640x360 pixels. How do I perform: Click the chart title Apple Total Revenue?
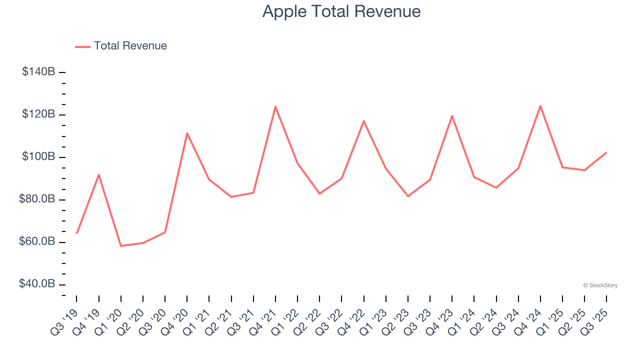click(x=341, y=11)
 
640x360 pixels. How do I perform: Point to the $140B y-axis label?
click(x=38, y=72)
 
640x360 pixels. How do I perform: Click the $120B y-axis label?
click(x=38, y=114)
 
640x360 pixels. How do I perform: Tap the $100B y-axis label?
click(x=38, y=157)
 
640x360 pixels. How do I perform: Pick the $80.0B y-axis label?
click(x=37, y=199)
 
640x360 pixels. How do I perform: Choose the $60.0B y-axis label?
click(x=37, y=242)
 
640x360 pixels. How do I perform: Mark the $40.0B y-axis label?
click(x=37, y=284)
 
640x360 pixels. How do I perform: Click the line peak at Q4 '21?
click(x=275, y=106)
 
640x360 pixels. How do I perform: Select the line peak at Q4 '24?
click(x=540, y=105)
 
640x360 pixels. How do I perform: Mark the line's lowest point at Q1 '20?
click(x=121, y=246)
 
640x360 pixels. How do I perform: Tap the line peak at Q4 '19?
click(x=99, y=174)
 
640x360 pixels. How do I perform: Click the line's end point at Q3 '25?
click(x=606, y=152)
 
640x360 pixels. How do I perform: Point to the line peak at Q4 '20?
click(x=187, y=133)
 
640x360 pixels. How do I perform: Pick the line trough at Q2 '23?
click(x=408, y=196)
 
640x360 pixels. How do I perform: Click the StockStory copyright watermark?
click(x=600, y=285)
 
